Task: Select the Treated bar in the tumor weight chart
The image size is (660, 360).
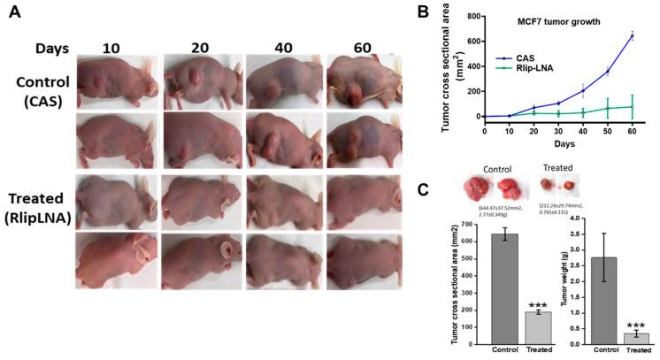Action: (x=631, y=338)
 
